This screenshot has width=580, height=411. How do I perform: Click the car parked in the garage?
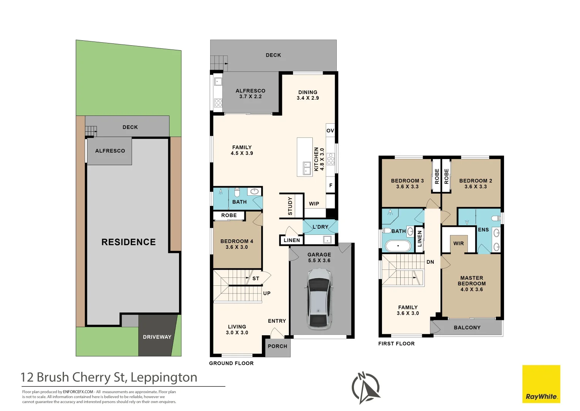319,299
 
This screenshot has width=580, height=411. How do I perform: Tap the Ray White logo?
541,384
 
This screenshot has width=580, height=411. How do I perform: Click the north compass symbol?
366,387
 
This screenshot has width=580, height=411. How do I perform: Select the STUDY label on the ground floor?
290,206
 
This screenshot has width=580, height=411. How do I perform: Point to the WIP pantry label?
314,204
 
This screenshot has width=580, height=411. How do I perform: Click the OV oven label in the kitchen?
330,131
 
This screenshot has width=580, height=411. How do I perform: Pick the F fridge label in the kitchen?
331,185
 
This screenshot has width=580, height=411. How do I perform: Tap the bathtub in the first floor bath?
398,246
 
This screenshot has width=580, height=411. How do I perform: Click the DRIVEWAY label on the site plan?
157,337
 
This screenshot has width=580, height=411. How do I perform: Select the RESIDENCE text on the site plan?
128,242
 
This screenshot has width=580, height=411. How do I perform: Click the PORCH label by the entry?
277,346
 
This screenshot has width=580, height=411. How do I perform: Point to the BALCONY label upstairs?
467,327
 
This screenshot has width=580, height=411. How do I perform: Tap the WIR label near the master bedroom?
458,244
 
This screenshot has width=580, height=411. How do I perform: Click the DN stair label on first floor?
430,262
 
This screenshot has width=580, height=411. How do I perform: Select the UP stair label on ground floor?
267,293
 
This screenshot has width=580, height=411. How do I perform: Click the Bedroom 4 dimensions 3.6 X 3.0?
237,247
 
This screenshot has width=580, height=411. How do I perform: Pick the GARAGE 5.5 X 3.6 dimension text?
319,260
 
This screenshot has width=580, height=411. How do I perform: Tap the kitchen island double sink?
307,168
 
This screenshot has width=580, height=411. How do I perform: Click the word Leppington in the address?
164,377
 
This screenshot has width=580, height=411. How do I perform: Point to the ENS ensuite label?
483,229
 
